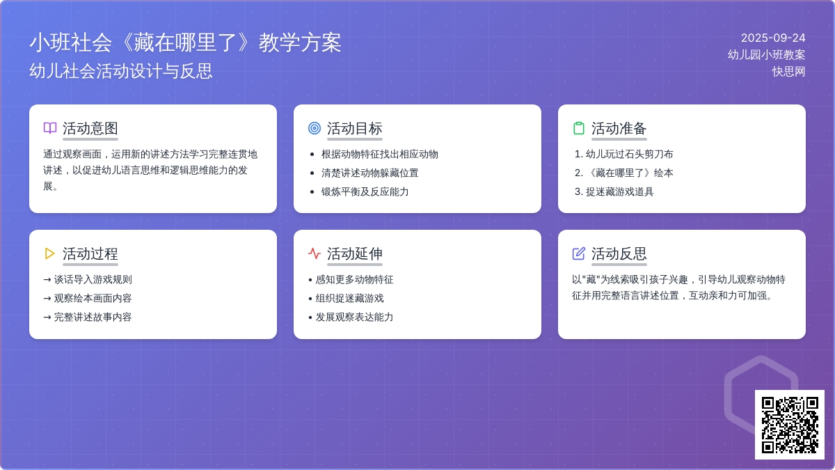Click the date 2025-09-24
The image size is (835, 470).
pos(773,38)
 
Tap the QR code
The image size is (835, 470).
pos(790,425)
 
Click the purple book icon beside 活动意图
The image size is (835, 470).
pos(50,128)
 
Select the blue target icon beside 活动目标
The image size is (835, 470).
pos(315,128)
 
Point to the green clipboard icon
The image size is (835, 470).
pos(578,128)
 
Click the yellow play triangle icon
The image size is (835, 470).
pos(49,253)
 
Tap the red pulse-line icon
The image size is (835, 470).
pos(315,253)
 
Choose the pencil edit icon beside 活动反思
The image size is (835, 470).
pos(578,253)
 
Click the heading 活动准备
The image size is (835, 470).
pos(619,128)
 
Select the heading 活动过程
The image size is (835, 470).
pos(90,254)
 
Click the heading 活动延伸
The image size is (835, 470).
pos(354,254)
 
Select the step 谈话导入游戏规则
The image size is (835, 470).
pos(88,279)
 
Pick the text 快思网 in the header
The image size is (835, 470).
pos(788,72)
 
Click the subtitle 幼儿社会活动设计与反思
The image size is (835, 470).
pos(121,71)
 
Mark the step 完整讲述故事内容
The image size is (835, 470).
pos(88,317)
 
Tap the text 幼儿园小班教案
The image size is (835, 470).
pos(766,55)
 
